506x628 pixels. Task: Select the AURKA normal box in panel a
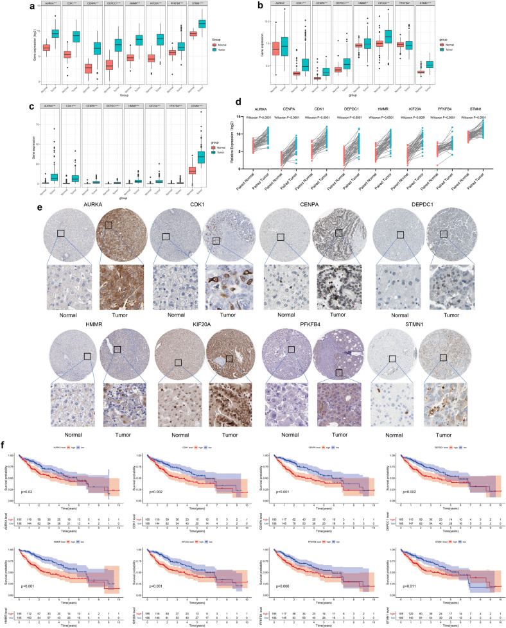click(28, 48)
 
